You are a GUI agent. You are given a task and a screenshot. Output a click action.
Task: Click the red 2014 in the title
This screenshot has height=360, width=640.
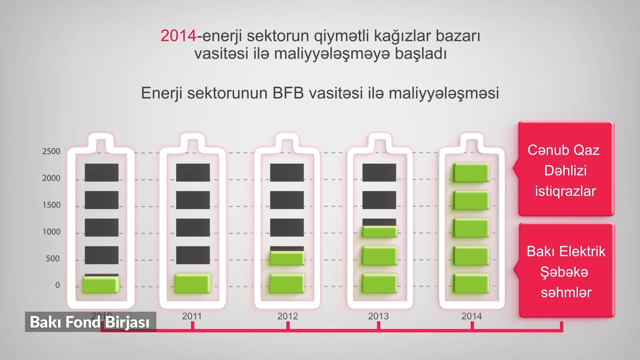(178, 36)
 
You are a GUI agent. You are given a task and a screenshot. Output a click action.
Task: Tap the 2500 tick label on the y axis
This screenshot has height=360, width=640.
(51, 151)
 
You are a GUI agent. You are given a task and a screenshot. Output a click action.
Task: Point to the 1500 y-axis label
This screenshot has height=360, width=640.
(51, 205)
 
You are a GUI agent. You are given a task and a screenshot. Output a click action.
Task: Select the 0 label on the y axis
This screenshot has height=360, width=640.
(58, 285)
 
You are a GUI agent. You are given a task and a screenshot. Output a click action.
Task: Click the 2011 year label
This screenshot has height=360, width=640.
(192, 316)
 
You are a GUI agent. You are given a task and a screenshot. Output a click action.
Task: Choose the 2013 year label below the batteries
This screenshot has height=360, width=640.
(378, 316)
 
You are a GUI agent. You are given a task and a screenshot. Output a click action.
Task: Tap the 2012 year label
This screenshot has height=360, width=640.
(288, 316)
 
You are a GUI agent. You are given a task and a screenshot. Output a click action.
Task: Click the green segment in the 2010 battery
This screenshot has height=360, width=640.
(101, 285)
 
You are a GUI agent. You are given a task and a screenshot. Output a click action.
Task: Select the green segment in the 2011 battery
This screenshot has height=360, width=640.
(193, 283)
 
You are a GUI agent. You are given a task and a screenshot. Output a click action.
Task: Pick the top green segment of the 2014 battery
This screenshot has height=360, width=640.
(471, 173)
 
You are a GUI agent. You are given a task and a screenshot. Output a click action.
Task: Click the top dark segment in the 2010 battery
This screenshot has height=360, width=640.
(102, 173)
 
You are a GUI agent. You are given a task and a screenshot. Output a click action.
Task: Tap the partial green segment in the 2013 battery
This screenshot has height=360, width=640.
(380, 232)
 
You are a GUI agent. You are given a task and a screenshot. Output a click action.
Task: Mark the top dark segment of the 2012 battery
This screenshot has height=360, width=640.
(287, 173)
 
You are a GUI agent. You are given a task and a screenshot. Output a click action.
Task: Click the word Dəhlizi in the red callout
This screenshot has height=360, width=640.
(566, 171)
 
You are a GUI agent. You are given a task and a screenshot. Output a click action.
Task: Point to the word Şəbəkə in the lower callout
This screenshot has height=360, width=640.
(564, 272)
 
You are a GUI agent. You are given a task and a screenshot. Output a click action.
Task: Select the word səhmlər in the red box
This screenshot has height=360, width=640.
(566, 293)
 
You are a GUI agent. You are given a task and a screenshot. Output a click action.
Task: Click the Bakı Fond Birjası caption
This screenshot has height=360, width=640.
(90, 322)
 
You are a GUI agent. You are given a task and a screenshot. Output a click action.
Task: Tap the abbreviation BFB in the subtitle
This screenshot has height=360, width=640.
(288, 93)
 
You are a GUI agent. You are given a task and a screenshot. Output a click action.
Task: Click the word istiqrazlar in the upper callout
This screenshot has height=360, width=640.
(566, 191)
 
